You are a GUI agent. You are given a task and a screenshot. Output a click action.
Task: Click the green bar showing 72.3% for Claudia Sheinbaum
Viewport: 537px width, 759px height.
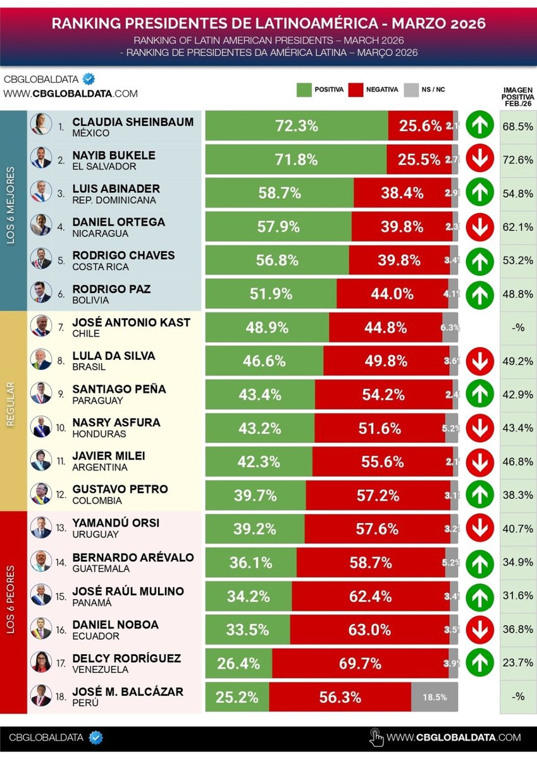[297, 126]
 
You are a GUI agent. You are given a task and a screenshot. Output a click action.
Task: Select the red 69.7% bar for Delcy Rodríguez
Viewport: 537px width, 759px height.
[360, 663]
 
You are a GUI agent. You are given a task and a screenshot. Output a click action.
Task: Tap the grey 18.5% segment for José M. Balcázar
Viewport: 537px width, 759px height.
[435, 697]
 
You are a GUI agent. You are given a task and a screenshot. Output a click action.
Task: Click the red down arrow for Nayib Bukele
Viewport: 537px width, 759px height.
[480, 159]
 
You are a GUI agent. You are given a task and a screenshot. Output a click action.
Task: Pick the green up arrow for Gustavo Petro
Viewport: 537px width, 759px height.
[480, 495]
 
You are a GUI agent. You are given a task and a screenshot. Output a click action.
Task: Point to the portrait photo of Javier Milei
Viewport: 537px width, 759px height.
[41, 460]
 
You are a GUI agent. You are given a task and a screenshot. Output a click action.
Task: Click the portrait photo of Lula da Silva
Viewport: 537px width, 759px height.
[41, 360]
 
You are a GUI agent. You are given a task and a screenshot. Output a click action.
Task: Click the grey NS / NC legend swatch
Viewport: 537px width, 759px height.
[411, 90]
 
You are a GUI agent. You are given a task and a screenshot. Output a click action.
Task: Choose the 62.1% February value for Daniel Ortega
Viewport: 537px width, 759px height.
[517, 226]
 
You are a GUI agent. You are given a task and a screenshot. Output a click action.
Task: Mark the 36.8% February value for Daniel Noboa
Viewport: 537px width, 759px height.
[517, 629]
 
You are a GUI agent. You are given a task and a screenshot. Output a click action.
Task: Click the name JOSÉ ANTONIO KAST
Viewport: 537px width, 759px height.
[131, 323]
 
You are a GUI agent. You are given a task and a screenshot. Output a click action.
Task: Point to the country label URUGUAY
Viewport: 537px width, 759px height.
[96, 534]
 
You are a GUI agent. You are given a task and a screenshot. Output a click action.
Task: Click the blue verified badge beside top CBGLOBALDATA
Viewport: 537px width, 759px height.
[90, 80]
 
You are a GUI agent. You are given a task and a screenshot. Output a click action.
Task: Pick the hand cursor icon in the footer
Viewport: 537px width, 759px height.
[376, 737]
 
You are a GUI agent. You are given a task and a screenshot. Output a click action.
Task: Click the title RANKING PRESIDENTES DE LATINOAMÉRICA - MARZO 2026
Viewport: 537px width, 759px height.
[268, 24]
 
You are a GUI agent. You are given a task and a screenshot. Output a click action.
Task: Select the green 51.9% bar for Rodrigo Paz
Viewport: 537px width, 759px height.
[271, 293]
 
